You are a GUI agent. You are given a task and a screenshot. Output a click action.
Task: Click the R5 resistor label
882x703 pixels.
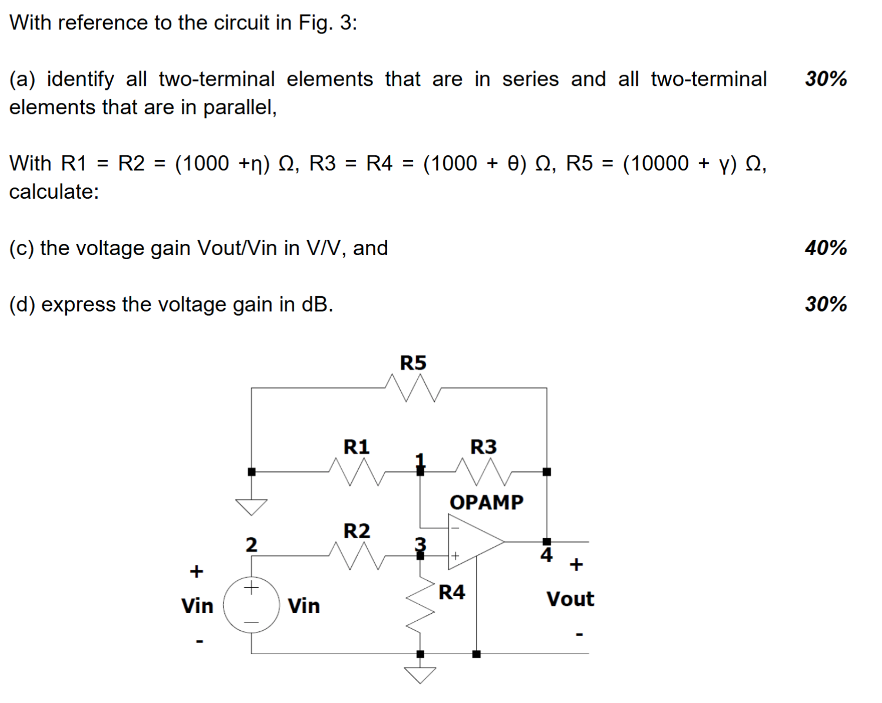(x=412, y=363)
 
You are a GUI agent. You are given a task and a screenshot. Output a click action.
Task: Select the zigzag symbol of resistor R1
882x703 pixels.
(x=356, y=471)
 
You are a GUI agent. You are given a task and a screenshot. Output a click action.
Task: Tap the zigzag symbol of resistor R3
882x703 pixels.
(x=483, y=471)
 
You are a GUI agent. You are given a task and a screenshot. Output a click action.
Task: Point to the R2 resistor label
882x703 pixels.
(x=357, y=531)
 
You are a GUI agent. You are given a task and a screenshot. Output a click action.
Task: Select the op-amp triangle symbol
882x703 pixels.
(x=474, y=542)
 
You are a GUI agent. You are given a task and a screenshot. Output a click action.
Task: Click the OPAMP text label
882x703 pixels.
(x=486, y=503)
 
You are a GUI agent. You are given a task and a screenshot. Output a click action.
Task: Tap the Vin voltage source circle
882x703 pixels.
(x=251, y=605)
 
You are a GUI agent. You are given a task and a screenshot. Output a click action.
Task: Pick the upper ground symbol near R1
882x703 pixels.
(x=251, y=506)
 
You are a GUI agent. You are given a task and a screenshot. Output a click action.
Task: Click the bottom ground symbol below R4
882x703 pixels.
(x=420, y=675)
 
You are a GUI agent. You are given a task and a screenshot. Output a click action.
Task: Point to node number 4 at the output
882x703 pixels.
(x=547, y=555)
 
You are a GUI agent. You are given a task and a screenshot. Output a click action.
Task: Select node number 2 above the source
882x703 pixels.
(x=251, y=545)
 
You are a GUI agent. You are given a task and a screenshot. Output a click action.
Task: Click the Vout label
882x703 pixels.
(x=570, y=599)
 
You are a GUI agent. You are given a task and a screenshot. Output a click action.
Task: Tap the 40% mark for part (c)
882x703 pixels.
(x=826, y=248)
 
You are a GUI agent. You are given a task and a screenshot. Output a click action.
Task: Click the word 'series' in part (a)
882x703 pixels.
(x=530, y=79)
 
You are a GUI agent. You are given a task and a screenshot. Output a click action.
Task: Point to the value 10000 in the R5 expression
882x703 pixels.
(x=655, y=163)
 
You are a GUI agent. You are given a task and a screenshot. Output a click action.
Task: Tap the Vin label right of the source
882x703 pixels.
(x=304, y=606)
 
